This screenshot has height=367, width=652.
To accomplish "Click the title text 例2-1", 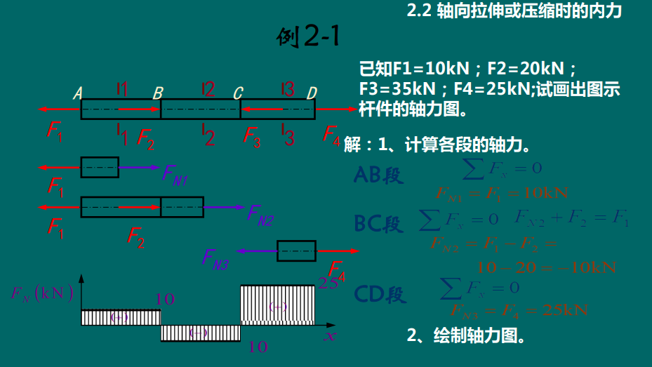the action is point(308,36).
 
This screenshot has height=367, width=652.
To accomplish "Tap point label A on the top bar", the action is point(78,93).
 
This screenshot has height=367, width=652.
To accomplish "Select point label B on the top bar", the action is point(158,93).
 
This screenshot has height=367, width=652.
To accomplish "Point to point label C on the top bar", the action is point(238,93).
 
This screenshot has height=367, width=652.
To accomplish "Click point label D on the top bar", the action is point(312,93).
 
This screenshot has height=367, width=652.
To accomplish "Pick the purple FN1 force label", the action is point(175,174).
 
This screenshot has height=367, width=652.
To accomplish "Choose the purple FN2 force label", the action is point(260,215).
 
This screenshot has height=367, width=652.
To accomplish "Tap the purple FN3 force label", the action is point(215,260).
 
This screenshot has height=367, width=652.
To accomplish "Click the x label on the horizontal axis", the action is point(329,335).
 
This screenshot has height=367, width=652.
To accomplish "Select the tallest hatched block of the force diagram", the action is point(278,305).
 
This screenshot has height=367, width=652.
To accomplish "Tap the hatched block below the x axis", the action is point(201,333).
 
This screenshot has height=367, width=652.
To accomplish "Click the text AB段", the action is point(380,175).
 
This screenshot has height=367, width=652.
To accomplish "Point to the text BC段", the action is point(380,224).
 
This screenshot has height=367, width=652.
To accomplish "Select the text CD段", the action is point(380,294).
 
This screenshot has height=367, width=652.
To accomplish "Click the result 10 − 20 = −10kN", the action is point(545,267).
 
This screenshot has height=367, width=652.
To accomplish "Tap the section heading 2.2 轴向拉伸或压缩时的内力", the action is point(514,11).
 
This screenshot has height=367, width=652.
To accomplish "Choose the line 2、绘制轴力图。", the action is point(467,335).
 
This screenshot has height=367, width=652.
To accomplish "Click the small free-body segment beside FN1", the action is point(100,168).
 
